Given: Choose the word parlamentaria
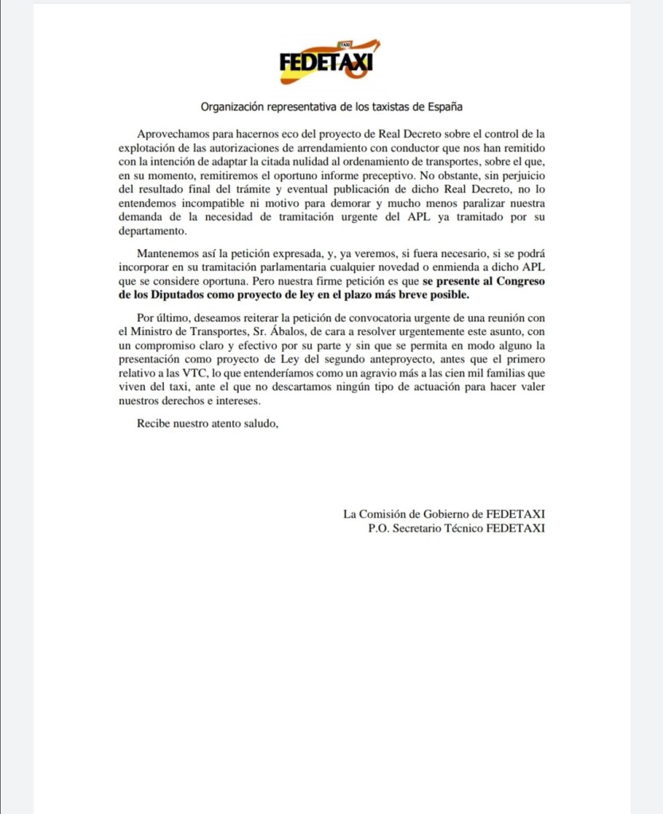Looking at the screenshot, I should tap(296, 267).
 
